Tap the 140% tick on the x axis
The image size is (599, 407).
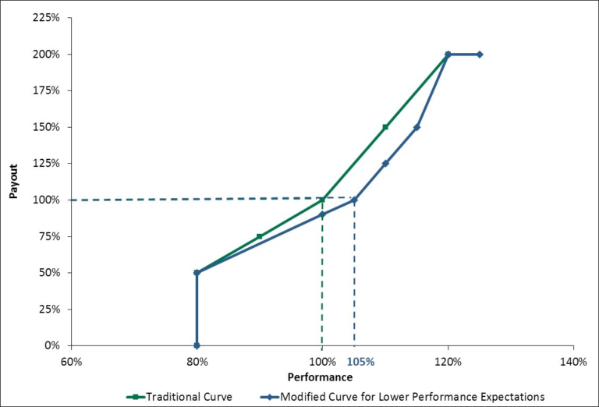tap(573, 362)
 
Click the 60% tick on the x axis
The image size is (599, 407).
tap(71, 362)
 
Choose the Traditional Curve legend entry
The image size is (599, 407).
tap(179, 396)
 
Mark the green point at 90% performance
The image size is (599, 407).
tap(260, 236)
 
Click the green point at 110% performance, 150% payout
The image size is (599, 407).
tap(385, 127)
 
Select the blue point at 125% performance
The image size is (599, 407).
tap(480, 55)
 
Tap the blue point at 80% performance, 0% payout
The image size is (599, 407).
tap(197, 345)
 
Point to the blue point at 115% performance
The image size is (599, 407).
tap(416, 127)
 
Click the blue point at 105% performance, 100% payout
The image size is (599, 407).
tap(354, 200)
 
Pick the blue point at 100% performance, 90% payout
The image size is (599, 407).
tap(322, 214)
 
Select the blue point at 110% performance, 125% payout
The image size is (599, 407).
tap(385, 164)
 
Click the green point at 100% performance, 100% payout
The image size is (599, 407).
tap(322, 200)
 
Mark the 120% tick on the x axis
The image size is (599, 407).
tap(448, 362)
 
